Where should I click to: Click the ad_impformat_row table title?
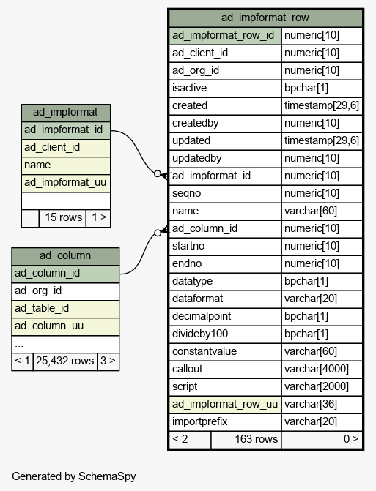coord(265,18)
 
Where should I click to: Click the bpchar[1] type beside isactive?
coord(306,88)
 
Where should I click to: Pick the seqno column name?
coord(186,193)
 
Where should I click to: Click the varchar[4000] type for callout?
coord(317,369)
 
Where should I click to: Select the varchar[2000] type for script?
coord(317,386)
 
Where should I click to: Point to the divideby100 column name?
coord(200,334)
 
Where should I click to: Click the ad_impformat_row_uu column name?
coord(225,404)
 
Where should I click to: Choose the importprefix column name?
coord(200,421)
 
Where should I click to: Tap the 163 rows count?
coord(257,439)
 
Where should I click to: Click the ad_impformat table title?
coord(65,112)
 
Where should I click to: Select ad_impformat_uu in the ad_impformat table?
coord(65,182)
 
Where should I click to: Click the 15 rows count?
coord(63,217)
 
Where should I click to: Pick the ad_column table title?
coord(65,255)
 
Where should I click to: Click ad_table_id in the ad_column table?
coord(42,309)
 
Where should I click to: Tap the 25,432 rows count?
coord(65,361)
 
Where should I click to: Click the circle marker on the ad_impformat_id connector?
coord(158,173)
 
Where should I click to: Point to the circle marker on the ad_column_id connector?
coord(158,233)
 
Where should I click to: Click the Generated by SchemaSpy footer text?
coord(74,476)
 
